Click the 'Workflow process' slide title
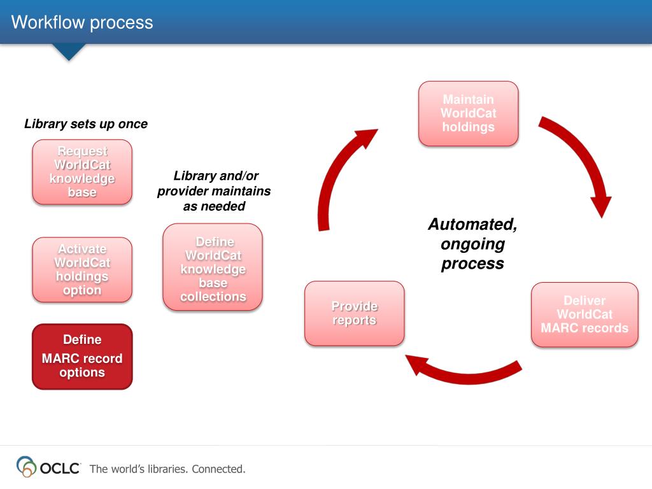pyautogui.click(x=82, y=23)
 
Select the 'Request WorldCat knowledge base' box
pyautogui.click(x=82, y=172)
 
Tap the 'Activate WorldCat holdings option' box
pyautogui.click(x=82, y=269)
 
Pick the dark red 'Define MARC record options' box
pyautogui.click(x=82, y=357)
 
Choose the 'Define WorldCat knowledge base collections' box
pyautogui.click(x=213, y=267)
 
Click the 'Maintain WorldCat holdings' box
pyautogui.click(x=468, y=113)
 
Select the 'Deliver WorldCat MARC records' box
pyautogui.click(x=585, y=315)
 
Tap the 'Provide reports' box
pyautogui.click(x=354, y=313)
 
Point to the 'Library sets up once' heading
pyautogui.click(x=86, y=124)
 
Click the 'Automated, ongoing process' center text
pyautogui.click(x=472, y=244)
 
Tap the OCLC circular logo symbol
pyautogui.click(x=26, y=467)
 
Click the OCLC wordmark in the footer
pyautogui.click(x=60, y=469)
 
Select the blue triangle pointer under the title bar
pyautogui.click(x=68, y=52)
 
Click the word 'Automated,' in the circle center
pyautogui.click(x=472, y=225)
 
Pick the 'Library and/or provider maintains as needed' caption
pyautogui.click(x=214, y=191)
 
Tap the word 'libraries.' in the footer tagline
pyautogui.click(x=167, y=469)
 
